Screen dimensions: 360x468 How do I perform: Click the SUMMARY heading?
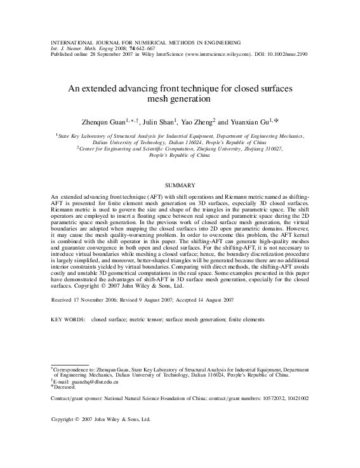pyautogui.click(x=180, y=185)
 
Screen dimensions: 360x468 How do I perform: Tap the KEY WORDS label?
pyautogui.click(x=68, y=319)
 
